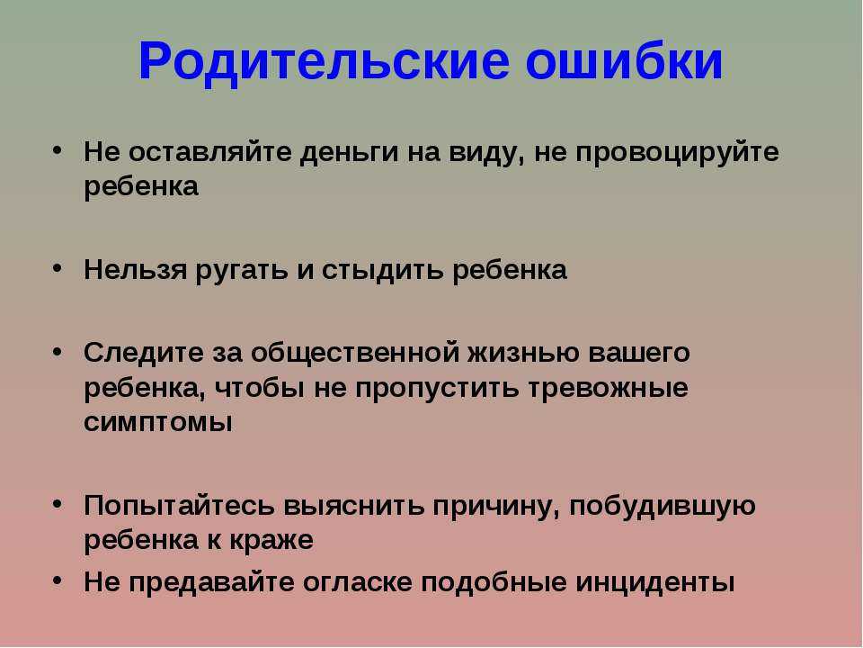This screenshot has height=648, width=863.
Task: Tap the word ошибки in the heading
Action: pos(624,59)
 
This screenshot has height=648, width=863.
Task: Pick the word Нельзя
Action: pos(136,270)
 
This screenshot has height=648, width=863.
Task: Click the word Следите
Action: pos(144,353)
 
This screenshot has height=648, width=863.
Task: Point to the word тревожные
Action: pos(609,389)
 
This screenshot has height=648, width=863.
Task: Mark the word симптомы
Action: pos(158,423)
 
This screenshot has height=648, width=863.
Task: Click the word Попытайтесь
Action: pos(179,506)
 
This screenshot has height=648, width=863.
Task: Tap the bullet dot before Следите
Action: pos(58,352)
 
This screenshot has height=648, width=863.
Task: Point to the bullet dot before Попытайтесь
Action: pos(58,503)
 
